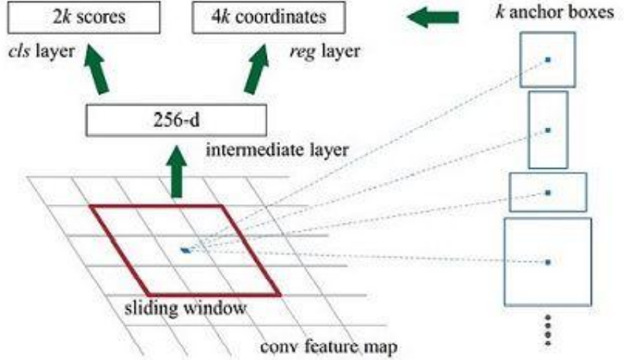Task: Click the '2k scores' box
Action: (84, 17)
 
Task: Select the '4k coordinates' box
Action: (268, 17)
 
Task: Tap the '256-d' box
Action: (176, 120)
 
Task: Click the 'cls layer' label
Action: (41, 52)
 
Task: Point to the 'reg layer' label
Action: (325, 52)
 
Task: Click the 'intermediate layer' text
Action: (277, 150)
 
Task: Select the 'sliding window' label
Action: (185, 308)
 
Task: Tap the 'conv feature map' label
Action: (329, 346)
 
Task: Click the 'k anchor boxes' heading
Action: (555, 12)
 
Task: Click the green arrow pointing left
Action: (433, 17)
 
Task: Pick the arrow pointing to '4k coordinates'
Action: (257, 69)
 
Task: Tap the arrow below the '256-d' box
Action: (176, 172)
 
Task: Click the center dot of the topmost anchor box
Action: (548, 60)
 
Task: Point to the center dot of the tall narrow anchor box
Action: (548, 130)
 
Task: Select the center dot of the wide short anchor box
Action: (548, 193)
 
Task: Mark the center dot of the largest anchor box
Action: (548, 262)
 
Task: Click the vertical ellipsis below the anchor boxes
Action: (548, 329)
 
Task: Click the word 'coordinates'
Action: (281, 17)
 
